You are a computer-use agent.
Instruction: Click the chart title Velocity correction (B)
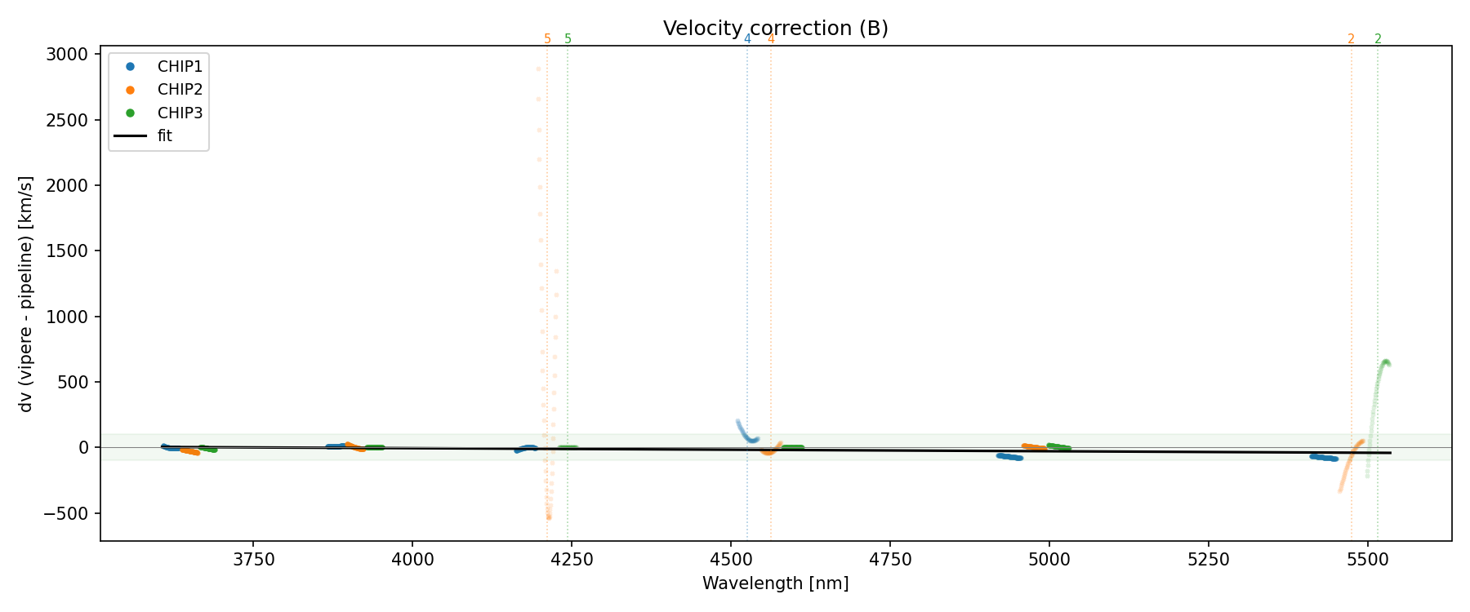pyautogui.click(x=775, y=29)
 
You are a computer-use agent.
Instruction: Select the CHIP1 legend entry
pyautogui.click(x=180, y=67)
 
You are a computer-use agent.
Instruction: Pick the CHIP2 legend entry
pyautogui.click(x=180, y=90)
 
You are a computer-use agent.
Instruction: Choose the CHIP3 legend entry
pyautogui.click(x=180, y=113)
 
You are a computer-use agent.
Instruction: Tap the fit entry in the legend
pyautogui.click(x=165, y=136)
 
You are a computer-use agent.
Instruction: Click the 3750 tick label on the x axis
pyautogui.click(x=253, y=560)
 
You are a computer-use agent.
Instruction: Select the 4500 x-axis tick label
pyautogui.click(x=731, y=560)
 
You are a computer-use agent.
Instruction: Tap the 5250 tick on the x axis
pyautogui.click(x=1208, y=560)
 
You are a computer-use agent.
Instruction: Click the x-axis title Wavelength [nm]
pyautogui.click(x=775, y=583)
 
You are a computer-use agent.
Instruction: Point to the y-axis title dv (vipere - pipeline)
pyautogui.click(x=26, y=294)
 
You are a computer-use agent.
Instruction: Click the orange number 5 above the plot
pyautogui.click(x=547, y=39)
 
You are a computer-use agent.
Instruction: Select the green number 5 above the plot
pyautogui.click(x=568, y=39)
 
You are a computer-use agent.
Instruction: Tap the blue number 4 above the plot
pyautogui.click(x=747, y=39)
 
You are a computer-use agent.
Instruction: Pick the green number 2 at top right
pyautogui.click(x=1378, y=39)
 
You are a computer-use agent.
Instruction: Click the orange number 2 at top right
pyautogui.click(x=1351, y=39)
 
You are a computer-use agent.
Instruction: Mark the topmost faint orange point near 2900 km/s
pyautogui.click(x=538, y=69)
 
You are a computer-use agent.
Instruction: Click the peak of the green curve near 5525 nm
pyautogui.click(x=1385, y=361)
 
